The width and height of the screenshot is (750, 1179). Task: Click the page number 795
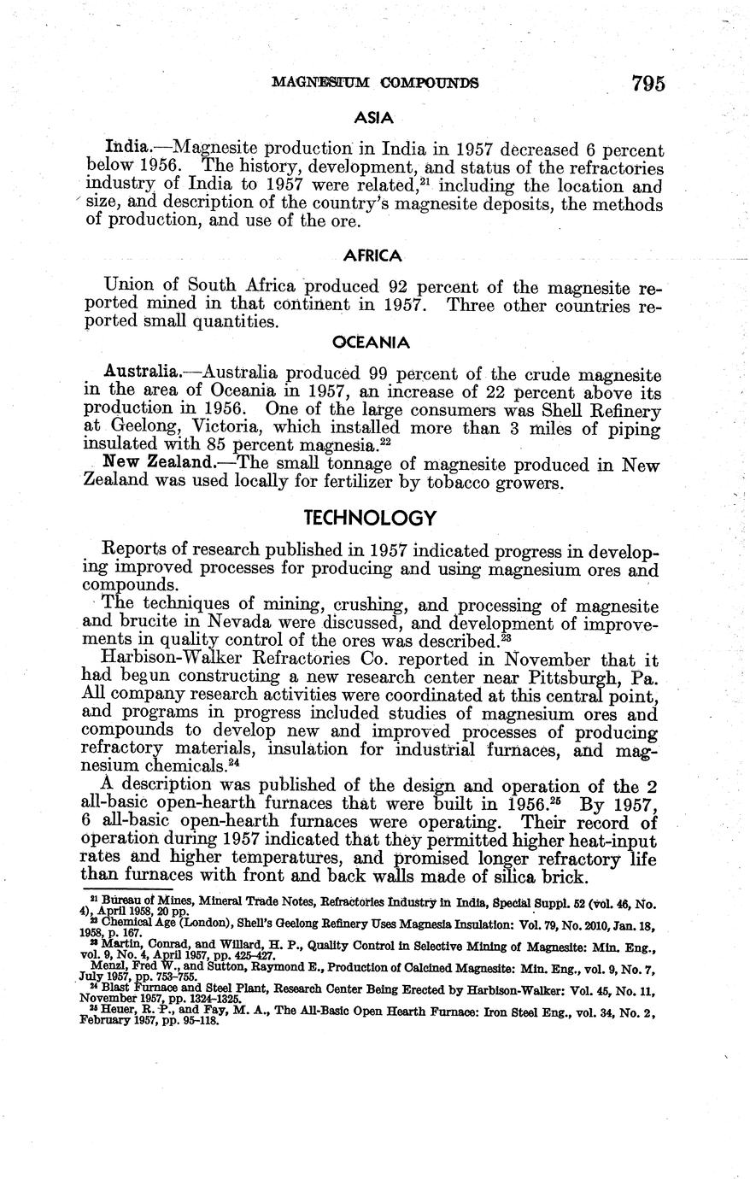click(x=647, y=83)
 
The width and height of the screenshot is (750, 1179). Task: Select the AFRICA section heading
click(x=372, y=255)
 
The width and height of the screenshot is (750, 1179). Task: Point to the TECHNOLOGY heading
click(x=371, y=518)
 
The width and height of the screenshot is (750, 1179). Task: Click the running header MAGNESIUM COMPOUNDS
click(x=374, y=83)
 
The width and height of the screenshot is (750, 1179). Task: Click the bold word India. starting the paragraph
click(x=123, y=147)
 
